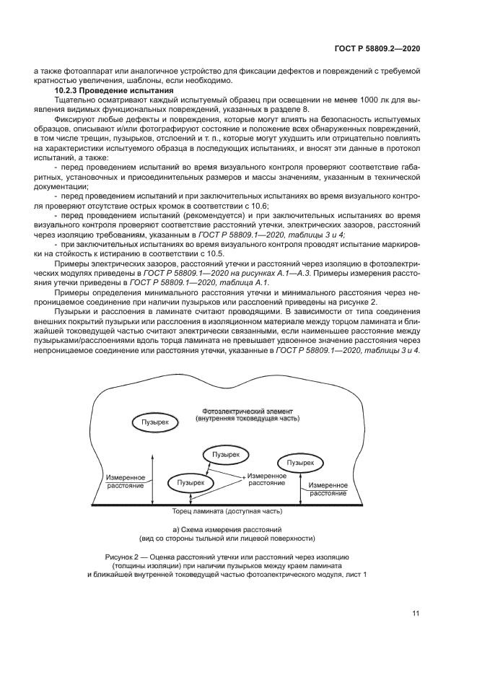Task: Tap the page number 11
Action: (x=416, y=614)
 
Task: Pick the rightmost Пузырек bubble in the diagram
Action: (x=299, y=462)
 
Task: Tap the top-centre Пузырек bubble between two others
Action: (x=227, y=454)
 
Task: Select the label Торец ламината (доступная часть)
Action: (x=227, y=512)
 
